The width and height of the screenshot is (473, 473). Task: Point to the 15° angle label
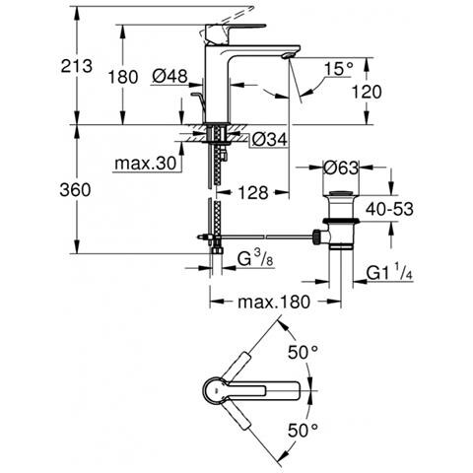339,69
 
